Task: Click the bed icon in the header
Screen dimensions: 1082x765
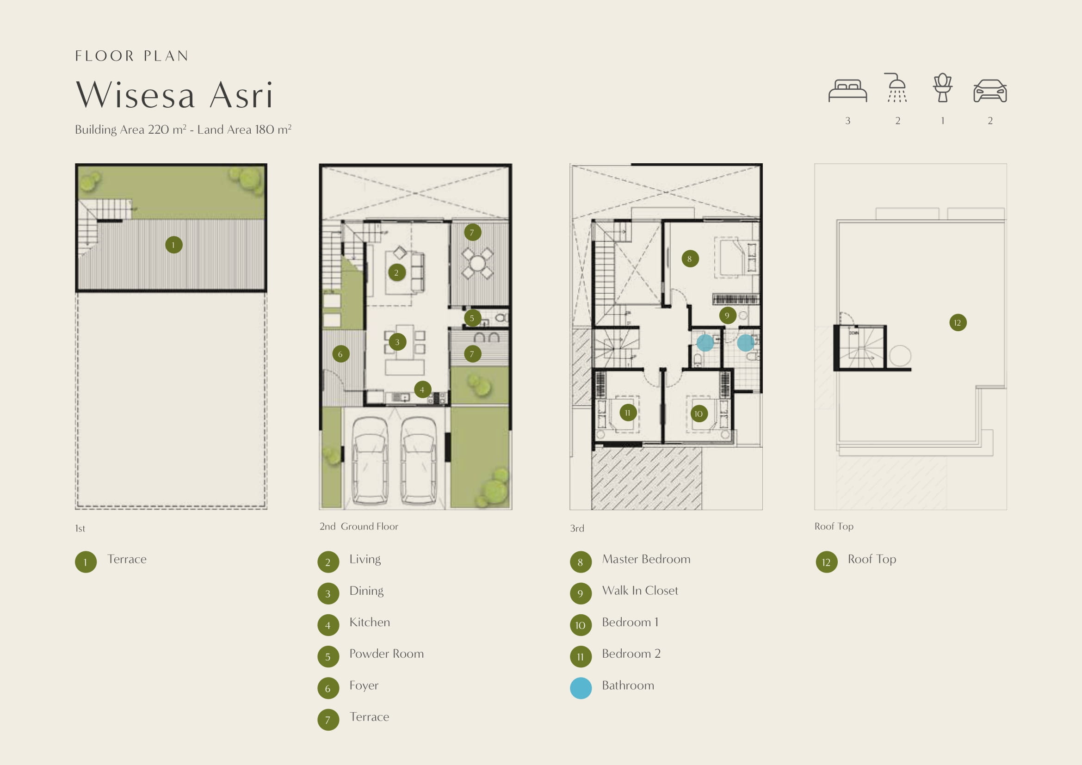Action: (x=847, y=90)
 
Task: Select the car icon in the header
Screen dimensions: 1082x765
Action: (x=989, y=91)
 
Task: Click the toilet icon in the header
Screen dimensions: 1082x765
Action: (x=942, y=87)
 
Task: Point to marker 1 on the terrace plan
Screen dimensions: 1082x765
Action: (x=173, y=245)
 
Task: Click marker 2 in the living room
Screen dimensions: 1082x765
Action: (x=397, y=272)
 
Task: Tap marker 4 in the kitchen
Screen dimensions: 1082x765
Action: (x=422, y=389)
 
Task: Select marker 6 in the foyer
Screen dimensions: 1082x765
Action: (x=341, y=354)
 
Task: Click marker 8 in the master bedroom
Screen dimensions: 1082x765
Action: (x=690, y=258)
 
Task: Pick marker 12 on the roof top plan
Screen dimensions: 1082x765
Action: (x=958, y=322)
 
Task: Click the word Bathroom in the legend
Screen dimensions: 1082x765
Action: (x=628, y=685)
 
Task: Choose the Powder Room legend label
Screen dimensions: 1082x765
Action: (x=386, y=654)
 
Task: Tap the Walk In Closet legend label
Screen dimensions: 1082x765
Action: (x=640, y=590)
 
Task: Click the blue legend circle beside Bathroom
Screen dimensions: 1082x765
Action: (x=581, y=688)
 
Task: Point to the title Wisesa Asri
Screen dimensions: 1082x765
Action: (x=174, y=95)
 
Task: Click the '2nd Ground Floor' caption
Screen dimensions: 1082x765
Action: (x=359, y=526)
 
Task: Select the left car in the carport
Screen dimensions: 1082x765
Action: (x=371, y=461)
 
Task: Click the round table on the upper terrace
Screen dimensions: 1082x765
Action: (x=477, y=263)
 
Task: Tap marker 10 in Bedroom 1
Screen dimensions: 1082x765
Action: (x=699, y=413)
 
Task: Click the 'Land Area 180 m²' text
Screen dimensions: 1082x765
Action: (x=244, y=130)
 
